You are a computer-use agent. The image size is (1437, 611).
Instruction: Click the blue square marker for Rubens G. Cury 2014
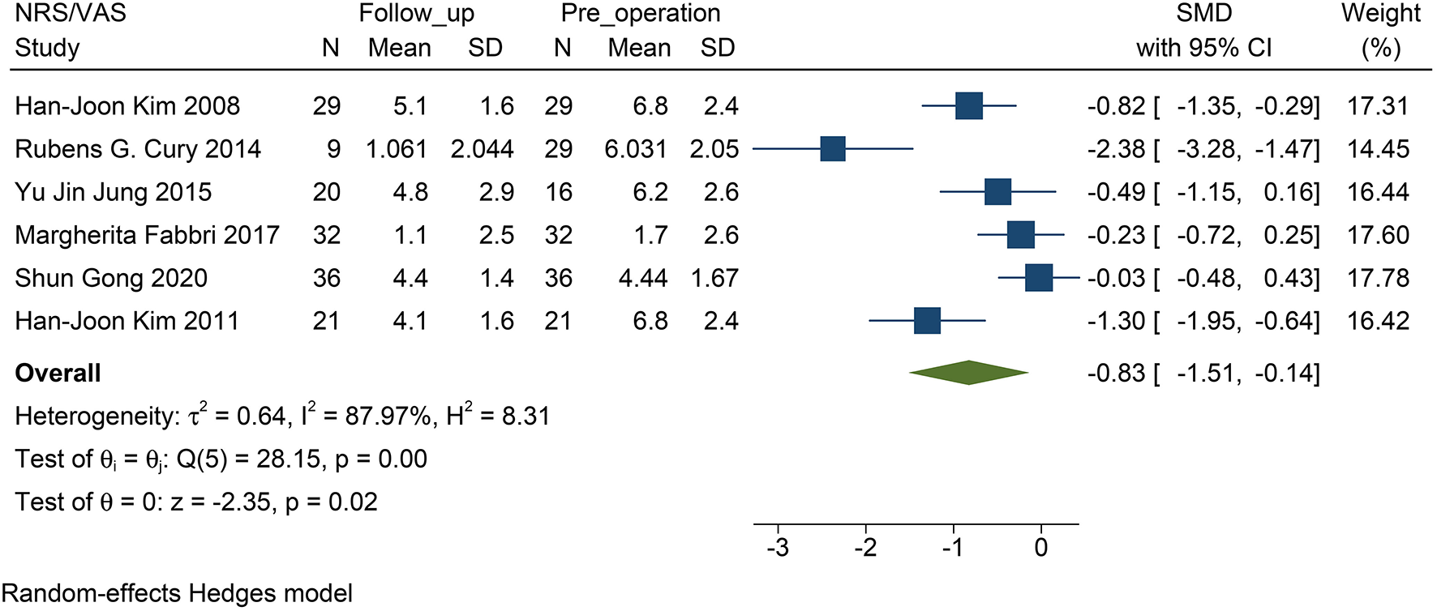click(833, 149)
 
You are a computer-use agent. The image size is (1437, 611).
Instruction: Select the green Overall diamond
click(968, 373)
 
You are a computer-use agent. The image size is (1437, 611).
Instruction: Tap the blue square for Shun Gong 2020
click(1039, 278)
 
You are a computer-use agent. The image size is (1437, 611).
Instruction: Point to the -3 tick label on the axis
click(778, 548)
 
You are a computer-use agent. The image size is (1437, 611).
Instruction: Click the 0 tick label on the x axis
click(1041, 548)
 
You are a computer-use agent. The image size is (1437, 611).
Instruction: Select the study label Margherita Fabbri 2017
click(147, 235)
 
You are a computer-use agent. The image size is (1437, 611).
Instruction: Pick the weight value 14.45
click(1378, 149)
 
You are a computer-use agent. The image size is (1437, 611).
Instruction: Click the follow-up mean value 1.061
click(396, 149)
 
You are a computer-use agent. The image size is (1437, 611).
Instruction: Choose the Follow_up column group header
click(416, 14)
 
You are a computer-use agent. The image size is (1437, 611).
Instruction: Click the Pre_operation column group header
click(640, 14)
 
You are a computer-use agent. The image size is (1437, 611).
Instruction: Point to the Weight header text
click(1380, 14)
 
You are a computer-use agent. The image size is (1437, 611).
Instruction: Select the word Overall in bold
click(58, 374)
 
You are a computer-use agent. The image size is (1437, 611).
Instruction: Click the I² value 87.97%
click(388, 417)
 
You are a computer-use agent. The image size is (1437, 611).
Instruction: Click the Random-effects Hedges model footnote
click(177, 593)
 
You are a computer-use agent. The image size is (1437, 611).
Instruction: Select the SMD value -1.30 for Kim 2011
click(1116, 321)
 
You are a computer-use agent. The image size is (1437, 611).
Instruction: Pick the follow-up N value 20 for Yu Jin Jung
click(327, 192)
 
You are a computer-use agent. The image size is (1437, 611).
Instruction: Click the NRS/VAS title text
click(71, 14)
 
